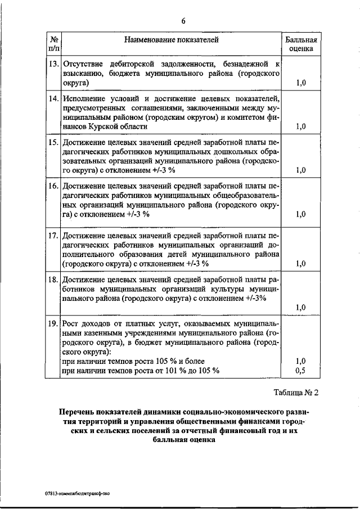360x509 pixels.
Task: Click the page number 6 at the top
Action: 183,21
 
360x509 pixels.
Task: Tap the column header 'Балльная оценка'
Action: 301,45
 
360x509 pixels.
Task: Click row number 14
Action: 53,99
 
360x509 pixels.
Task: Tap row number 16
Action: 53,186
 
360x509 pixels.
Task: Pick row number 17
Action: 53,235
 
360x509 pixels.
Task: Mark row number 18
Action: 53,279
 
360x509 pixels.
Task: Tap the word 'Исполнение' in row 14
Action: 84,99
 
